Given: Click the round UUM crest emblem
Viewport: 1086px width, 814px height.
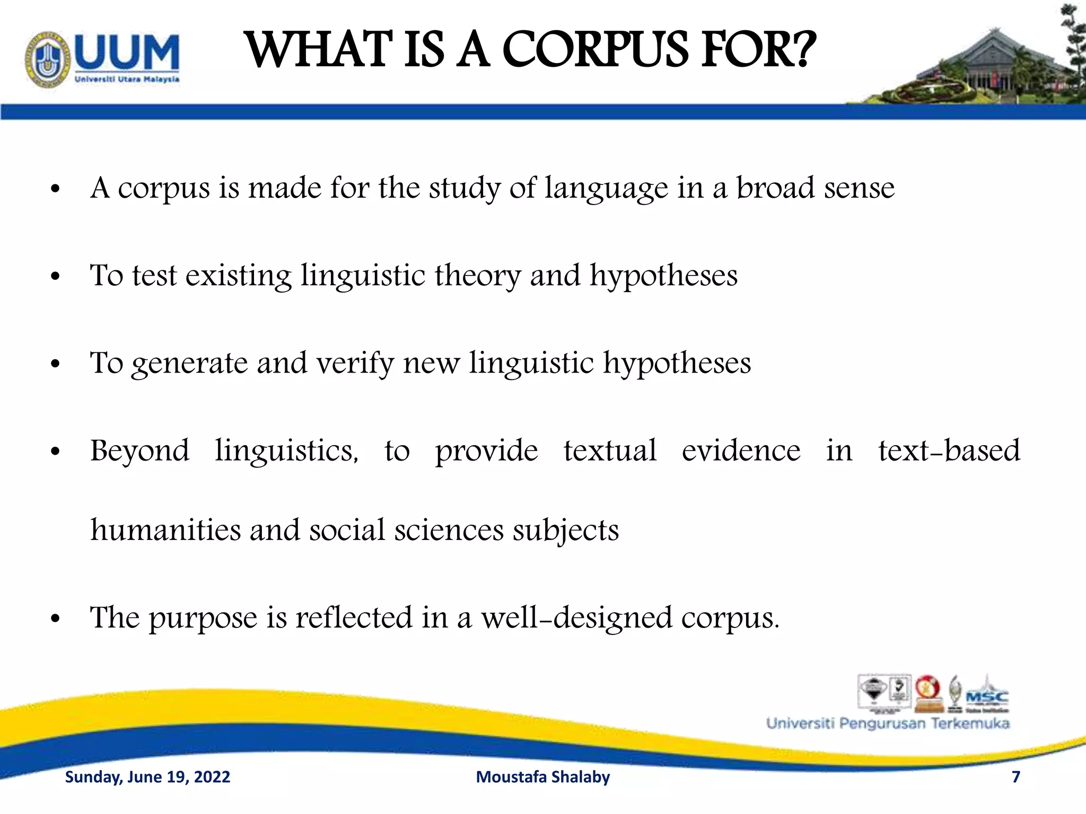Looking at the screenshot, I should pos(47,59).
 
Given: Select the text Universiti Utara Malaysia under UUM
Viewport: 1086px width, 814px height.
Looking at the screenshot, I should pos(127,79).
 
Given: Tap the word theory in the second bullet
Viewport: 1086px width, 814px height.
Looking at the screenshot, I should pos(478,276).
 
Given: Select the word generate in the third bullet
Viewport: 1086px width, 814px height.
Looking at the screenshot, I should pos(189,364).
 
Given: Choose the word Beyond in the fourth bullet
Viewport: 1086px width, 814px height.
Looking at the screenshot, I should pos(139,452).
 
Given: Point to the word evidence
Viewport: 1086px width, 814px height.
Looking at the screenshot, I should pos(741,451).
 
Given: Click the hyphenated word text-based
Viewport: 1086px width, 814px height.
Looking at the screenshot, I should pos(949,451).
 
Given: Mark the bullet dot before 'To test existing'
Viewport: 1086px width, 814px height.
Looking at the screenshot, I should pos(56,277).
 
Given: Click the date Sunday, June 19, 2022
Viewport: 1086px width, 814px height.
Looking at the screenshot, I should pos(147,777).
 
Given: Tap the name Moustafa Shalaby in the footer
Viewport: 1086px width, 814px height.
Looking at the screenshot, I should pos(543,777).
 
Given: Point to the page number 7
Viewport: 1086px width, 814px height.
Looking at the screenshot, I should pos(1016,777).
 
